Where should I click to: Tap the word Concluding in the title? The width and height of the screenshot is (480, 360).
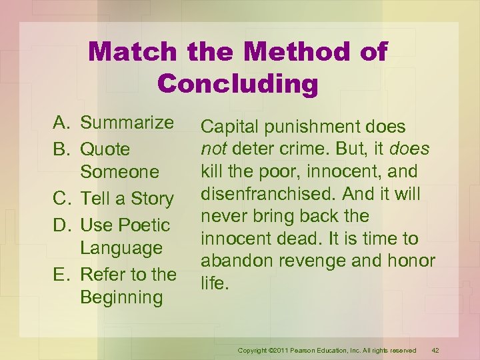(238, 83)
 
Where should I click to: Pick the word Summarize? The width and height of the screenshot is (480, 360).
(127, 123)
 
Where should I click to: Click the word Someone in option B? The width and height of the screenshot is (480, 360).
(119, 172)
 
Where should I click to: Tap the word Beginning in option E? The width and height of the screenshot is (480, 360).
(121, 297)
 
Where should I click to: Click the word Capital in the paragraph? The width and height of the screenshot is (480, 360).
(229, 127)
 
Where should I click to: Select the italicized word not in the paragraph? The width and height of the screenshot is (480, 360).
(214, 149)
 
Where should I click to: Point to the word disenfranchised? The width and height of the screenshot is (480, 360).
(262, 194)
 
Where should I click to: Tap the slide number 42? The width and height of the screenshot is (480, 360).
(435, 351)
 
